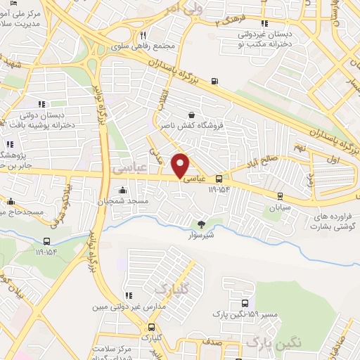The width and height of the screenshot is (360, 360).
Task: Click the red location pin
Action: pos(181,165)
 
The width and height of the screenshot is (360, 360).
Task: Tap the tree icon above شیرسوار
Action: pos(202,225)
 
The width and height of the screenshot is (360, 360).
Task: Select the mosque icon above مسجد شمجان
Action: pos(123,190)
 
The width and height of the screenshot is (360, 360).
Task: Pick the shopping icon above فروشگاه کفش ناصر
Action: pos(191,115)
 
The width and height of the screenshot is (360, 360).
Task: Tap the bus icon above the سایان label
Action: pos(281,196)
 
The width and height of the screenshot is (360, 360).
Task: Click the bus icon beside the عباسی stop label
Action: pos(219,178)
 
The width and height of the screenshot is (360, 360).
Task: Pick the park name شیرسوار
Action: pos(202,236)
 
